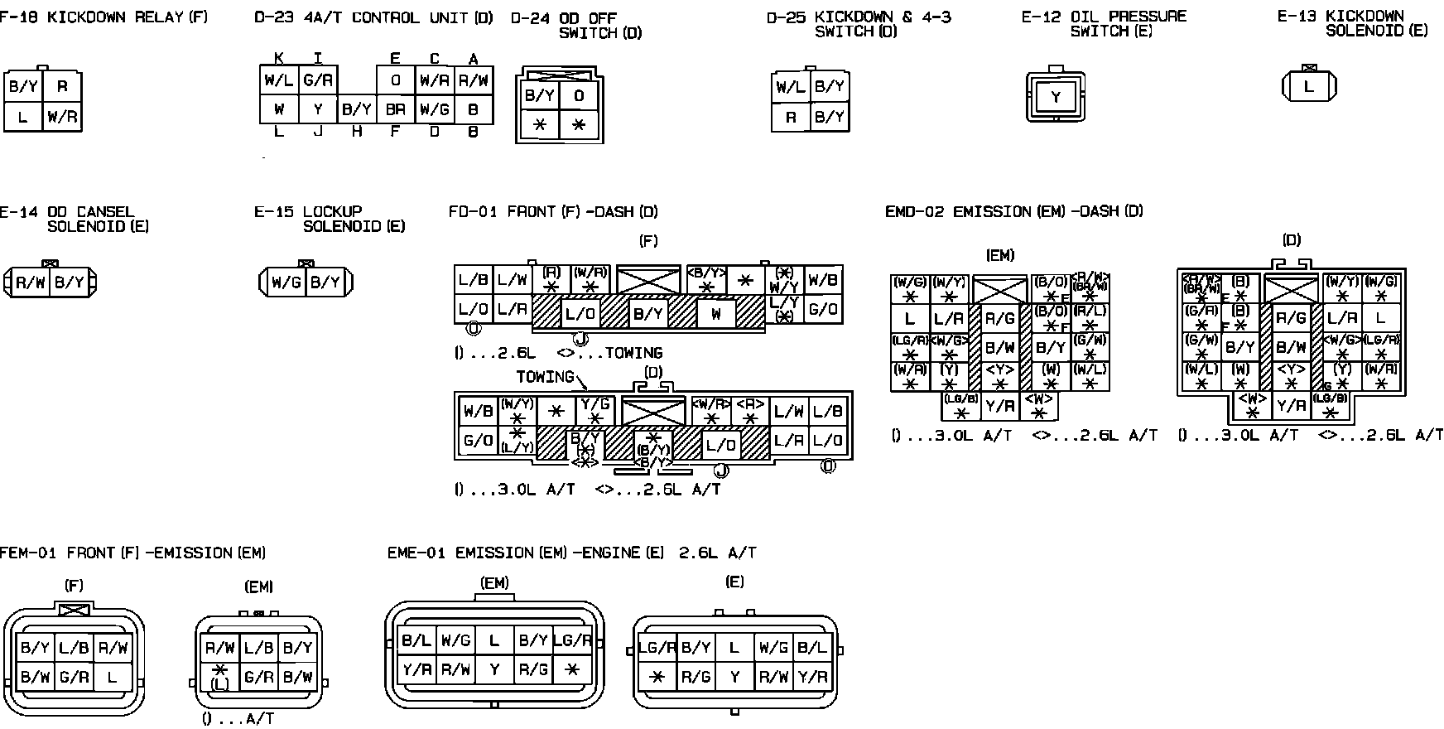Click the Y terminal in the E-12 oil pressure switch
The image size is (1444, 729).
click(x=1056, y=97)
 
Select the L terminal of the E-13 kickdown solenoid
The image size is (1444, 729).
click(x=1308, y=86)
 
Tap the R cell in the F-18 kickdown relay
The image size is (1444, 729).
click(x=62, y=86)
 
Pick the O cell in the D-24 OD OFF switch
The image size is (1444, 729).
click(x=579, y=95)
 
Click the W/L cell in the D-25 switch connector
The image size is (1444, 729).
click(x=791, y=86)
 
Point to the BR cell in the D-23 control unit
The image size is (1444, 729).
click(x=395, y=109)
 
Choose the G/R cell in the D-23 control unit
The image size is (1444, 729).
click(x=318, y=80)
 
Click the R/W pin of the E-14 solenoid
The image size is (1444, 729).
click(x=31, y=282)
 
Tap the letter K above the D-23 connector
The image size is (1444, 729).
click(x=279, y=58)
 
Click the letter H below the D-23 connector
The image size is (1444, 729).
click(x=357, y=132)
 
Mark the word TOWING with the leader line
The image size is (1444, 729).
click(x=545, y=377)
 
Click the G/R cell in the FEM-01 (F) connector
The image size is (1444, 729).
click(x=74, y=677)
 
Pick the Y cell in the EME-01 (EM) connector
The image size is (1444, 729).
click(x=494, y=669)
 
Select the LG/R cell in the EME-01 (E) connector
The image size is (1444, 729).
click(x=657, y=648)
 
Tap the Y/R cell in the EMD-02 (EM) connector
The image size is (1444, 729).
click(x=999, y=405)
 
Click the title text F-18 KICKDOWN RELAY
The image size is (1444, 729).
click(x=103, y=17)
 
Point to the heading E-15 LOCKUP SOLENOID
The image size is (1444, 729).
click(x=330, y=219)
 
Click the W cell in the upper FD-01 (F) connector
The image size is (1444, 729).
click(x=716, y=314)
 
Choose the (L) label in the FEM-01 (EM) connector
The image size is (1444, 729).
click(x=219, y=684)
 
